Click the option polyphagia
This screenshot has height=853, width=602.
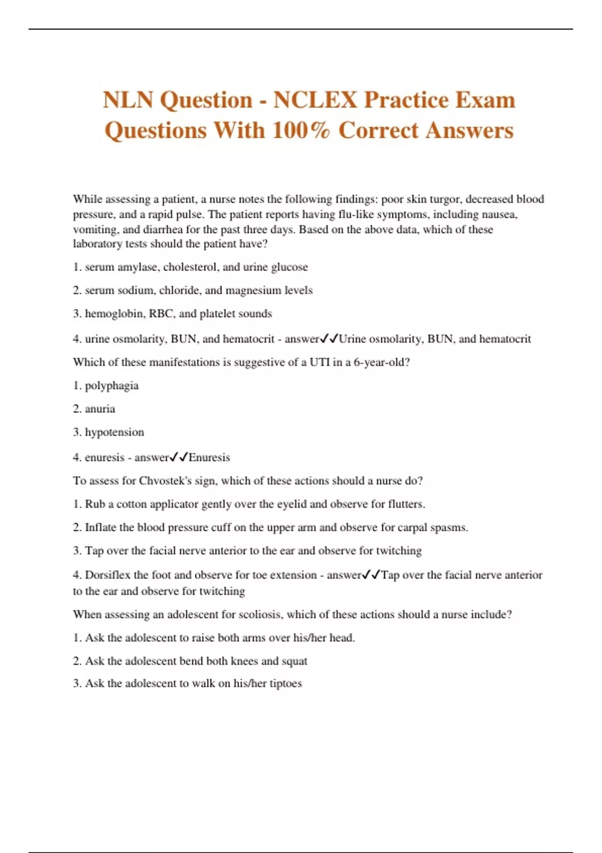pos(111,386)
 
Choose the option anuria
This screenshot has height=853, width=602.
pos(100,409)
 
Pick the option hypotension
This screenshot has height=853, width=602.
pos(114,432)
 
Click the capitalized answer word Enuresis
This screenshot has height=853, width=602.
pos(209,457)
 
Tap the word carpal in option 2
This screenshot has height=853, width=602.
pos(411,527)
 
